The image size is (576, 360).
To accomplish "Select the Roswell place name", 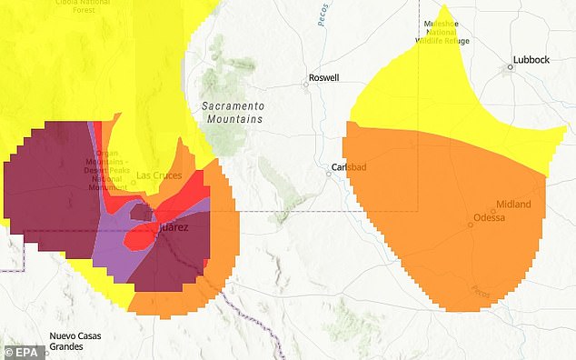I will click(323, 78).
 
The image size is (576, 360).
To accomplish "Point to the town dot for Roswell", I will click(306, 85).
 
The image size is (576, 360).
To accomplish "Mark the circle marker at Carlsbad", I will click(331, 172).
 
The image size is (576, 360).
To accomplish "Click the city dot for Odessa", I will click(471, 225).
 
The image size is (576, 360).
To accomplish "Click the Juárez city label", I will click(174, 227).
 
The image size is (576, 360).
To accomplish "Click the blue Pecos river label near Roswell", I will click(323, 18).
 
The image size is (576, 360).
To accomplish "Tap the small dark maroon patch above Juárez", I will click(141, 212).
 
